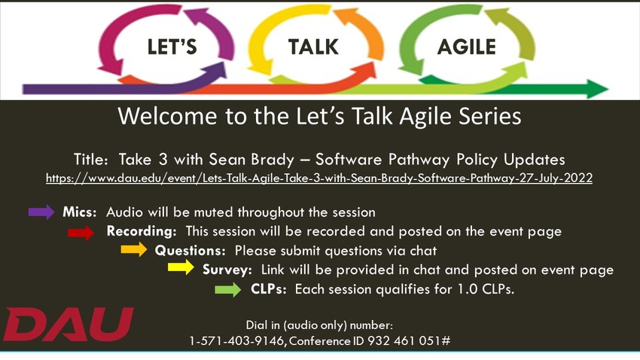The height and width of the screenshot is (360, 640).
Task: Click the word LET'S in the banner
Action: point(171,47)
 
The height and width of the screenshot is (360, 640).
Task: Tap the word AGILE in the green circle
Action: point(466,47)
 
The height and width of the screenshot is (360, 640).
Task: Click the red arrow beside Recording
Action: point(81,232)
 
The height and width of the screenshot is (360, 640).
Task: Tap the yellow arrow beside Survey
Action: point(181,269)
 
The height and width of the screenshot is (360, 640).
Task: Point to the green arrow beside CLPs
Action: point(227,289)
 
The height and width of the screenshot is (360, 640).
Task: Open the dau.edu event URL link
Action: point(319,178)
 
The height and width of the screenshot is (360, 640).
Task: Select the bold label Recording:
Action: point(142,231)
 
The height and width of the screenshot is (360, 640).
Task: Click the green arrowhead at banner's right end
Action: point(597,90)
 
